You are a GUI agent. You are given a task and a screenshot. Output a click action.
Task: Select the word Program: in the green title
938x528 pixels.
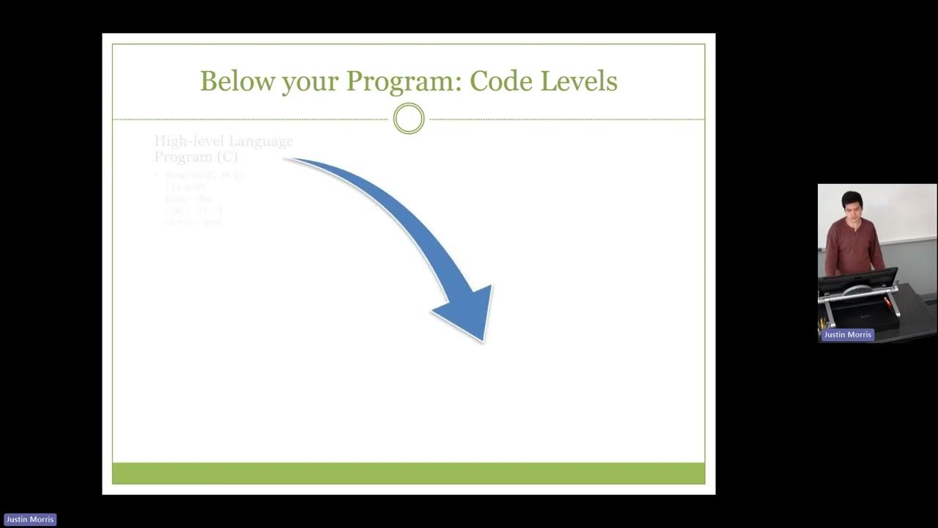pyautogui.click(x=404, y=82)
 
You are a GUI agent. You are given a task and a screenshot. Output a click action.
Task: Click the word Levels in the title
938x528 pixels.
pyautogui.click(x=579, y=81)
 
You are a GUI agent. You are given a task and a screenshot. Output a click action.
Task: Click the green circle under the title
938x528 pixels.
pyautogui.click(x=409, y=119)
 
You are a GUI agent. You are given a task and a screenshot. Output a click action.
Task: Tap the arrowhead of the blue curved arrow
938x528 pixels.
pyautogui.click(x=469, y=312)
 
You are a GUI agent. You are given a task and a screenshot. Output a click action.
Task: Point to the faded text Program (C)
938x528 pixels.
pyautogui.click(x=196, y=157)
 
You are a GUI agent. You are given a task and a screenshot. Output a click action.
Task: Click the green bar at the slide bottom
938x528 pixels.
pyautogui.click(x=408, y=473)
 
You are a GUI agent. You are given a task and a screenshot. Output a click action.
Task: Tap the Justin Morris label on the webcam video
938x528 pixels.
pyautogui.click(x=847, y=334)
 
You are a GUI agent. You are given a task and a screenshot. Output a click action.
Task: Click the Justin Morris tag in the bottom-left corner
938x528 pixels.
pyautogui.click(x=30, y=519)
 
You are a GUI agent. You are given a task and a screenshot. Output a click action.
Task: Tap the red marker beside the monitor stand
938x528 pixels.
pyautogui.click(x=888, y=301)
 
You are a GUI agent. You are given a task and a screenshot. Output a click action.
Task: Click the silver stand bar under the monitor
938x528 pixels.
pyautogui.click(x=859, y=293)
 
